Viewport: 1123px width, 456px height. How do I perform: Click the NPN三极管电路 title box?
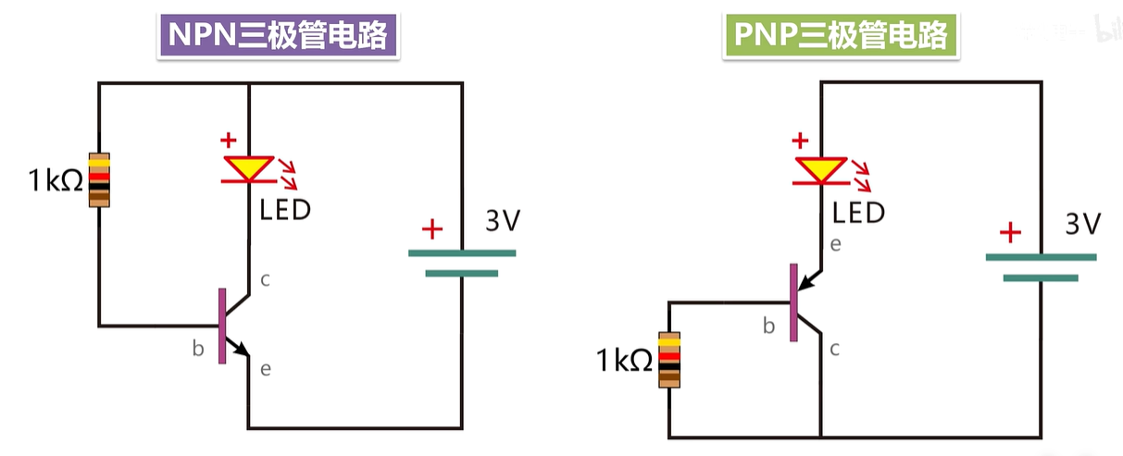tap(279, 37)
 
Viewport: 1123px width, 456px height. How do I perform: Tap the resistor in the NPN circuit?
tap(99, 179)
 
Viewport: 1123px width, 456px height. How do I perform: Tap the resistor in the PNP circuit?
tap(669, 359)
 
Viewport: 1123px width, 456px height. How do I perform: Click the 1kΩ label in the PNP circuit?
tap(626, 361)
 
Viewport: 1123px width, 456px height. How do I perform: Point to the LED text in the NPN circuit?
tap(285, 210)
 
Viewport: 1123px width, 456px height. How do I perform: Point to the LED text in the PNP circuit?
tap(858, 214)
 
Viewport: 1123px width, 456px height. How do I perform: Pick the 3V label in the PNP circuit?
tap(1083, 225)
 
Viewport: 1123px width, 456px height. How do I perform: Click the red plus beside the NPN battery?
tap(431, 228)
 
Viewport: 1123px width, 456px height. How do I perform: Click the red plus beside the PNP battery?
tap(1011, 231)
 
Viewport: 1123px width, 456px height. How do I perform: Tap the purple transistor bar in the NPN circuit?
tap(222, 326)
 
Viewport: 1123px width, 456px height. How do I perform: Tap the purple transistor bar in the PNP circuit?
tap(793, 302)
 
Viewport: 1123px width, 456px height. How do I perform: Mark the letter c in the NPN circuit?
tap(265, 279)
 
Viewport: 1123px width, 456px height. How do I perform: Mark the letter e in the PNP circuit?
tap(835, 245)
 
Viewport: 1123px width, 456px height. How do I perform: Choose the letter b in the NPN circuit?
tap(197, 349)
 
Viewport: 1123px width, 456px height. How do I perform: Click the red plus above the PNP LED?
tap(800, 141)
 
